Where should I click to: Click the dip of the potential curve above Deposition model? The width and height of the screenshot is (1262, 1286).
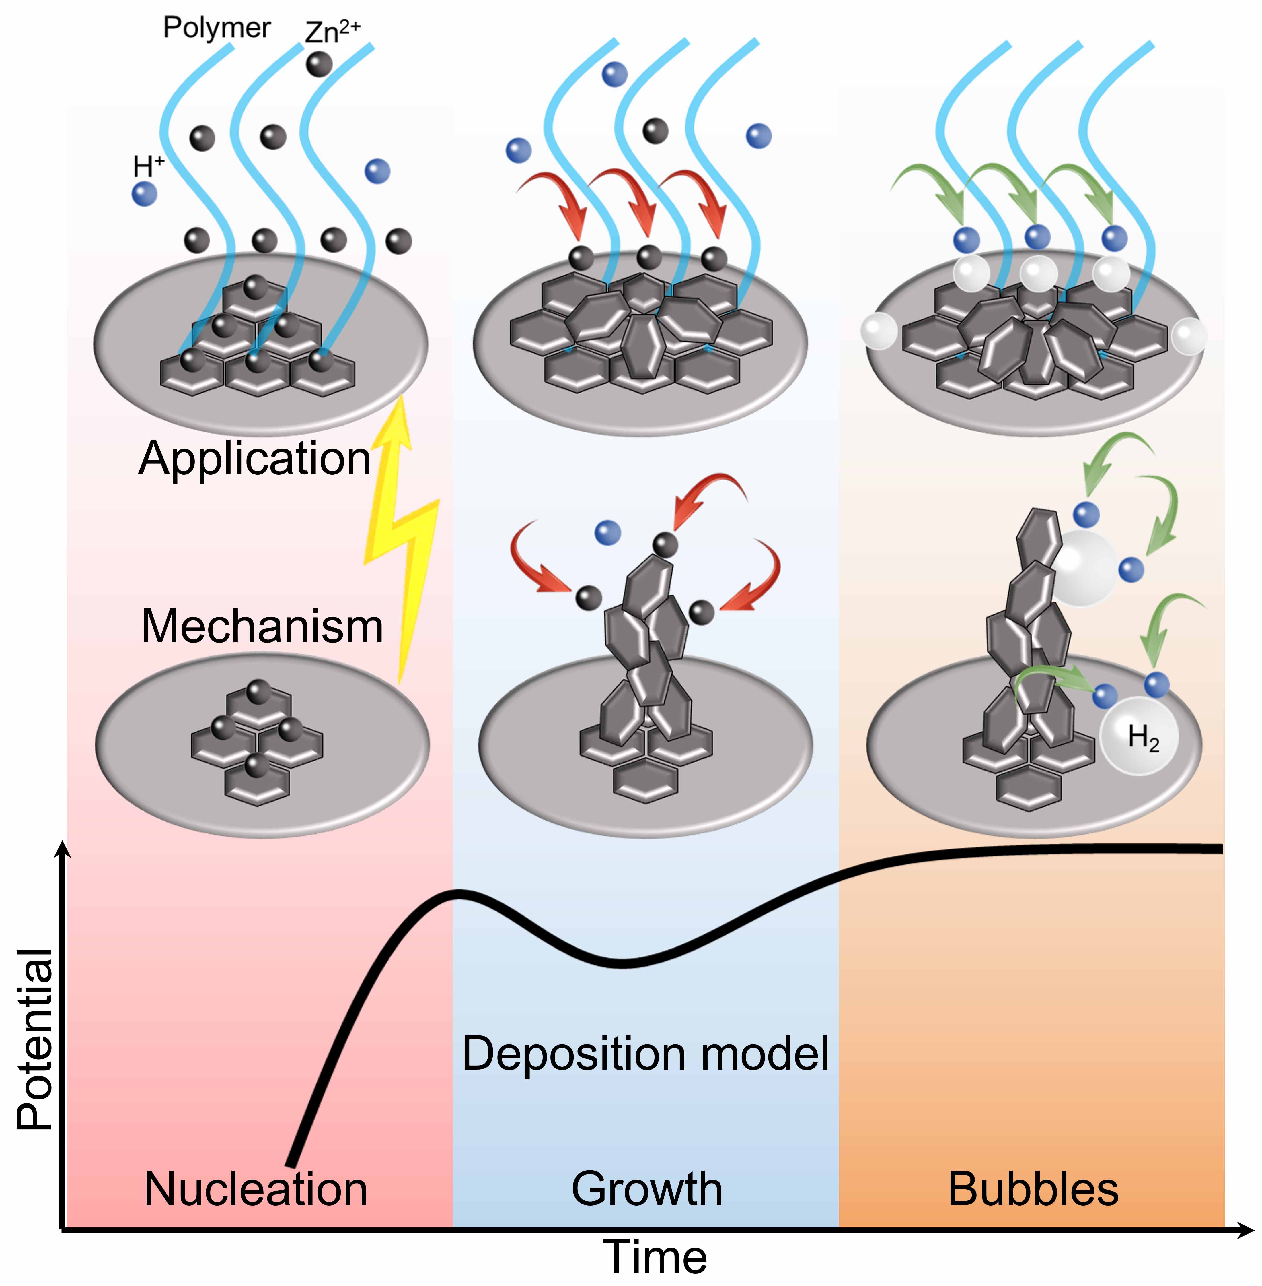coord(623,963)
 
